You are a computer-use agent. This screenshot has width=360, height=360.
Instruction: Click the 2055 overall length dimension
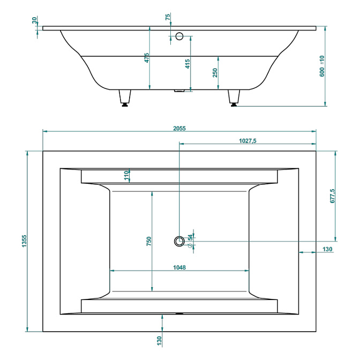(179, 129)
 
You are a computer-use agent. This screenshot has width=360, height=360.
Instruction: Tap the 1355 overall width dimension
(24, 241)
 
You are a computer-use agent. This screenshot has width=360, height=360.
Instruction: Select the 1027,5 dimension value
(247, 141)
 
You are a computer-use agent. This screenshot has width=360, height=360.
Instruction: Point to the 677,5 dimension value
(332, 196)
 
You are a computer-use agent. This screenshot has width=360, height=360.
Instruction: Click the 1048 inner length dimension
(179, 267)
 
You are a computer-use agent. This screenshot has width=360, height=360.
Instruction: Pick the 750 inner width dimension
(149, 241)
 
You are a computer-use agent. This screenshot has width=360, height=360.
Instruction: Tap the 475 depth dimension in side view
(147, 58)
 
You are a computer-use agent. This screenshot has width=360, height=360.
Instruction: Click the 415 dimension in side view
(187, 64)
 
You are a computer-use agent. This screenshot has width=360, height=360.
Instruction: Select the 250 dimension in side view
(215, 73)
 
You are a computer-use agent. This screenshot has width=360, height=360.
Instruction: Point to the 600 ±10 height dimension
(322, 66)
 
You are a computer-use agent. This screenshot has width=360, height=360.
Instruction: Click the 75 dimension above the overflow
(168, 17)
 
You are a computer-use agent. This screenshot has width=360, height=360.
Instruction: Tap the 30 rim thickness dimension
(34, 20)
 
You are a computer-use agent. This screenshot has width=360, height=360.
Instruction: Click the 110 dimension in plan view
(126, 176)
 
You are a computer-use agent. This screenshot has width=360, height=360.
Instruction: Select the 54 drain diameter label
(190, 237)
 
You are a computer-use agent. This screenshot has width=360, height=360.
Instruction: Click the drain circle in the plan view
(179, 241)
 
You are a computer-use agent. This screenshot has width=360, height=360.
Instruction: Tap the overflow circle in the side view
(179, 36)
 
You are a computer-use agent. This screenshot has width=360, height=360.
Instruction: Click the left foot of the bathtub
(125, 98)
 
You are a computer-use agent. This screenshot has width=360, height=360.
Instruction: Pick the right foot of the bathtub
(234, 98)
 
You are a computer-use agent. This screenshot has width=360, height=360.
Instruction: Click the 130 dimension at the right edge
(327, 249)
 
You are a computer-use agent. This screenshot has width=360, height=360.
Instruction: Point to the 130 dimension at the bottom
(159, 341)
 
